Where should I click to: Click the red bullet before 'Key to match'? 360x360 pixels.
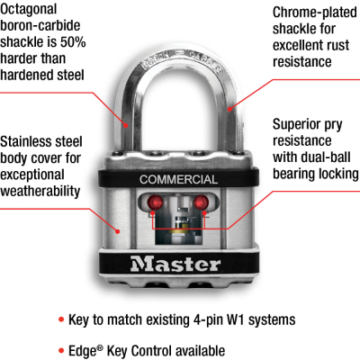(60, 319)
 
